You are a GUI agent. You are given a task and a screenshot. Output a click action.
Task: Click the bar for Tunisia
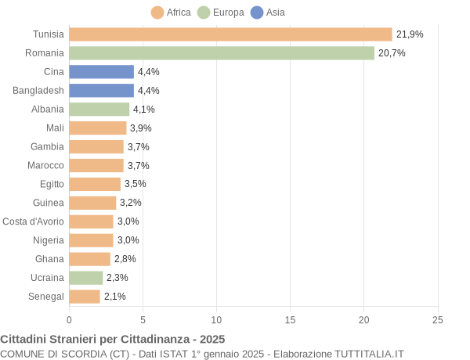[230, 34]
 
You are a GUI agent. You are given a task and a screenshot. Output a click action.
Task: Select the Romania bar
[222, 53]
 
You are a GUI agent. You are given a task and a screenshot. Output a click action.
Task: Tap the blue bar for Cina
[101, 72]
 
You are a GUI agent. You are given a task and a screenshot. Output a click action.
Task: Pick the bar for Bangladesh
[101, 91]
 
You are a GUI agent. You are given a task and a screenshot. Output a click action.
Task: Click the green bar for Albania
[99, 110]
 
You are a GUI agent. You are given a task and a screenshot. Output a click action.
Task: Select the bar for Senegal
[85, 297]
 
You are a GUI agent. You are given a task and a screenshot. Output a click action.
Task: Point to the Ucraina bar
[86, 278]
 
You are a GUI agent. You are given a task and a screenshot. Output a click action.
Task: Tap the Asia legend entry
[267, 13]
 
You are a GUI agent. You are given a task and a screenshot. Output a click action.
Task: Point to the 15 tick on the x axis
[291, 320]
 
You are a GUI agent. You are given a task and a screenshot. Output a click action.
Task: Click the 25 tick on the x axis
[438, 320]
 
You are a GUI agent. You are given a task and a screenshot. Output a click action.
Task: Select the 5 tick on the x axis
[143, 320]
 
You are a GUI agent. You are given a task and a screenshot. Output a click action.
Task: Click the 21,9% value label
[410, 34]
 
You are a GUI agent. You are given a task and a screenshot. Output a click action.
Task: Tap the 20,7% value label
[392, 53]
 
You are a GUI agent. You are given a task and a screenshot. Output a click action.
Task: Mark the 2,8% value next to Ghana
[125, 259]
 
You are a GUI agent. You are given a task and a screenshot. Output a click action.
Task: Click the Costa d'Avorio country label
[33, 221]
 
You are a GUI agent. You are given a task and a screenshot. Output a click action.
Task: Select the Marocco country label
[45, 165]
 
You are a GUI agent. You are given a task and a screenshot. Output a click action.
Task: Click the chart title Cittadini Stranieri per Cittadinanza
[113, 340]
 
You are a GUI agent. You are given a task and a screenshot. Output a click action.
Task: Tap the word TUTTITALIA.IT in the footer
[369, 354]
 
